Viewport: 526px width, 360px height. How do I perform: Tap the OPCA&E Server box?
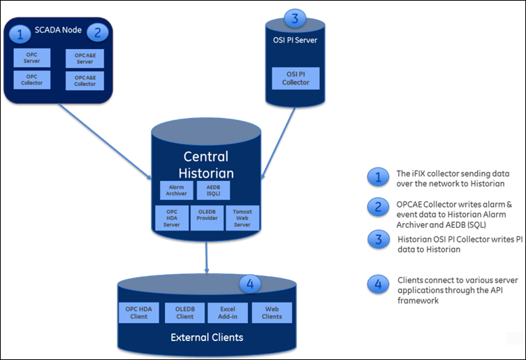point(80,57)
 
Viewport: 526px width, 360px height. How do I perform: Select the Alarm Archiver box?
point(173,190)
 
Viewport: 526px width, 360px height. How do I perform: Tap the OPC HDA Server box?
point(172,218)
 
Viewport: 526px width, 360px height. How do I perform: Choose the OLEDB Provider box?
point(207,218)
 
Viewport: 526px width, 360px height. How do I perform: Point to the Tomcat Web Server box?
point(243,218)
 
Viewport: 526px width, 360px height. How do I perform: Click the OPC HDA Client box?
point(140,312)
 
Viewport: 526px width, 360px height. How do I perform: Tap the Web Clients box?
point(272,312)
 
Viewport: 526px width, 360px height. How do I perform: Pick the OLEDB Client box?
point(184,312)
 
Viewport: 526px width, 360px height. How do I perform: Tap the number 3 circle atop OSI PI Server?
point(295,18)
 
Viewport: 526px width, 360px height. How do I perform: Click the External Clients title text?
point(206,338)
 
